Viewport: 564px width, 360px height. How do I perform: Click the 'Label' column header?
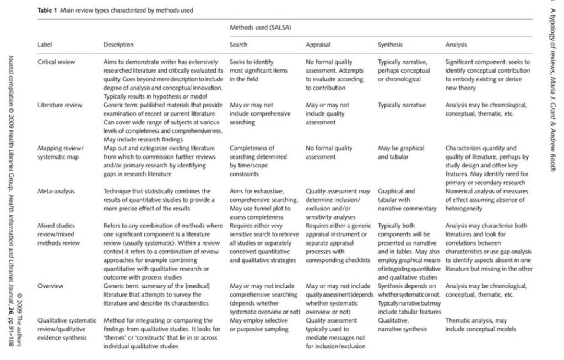coord(44,45)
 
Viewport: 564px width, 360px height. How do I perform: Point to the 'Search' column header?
coord(238,45)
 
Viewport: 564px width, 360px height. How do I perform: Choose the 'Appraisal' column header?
coord(319,45)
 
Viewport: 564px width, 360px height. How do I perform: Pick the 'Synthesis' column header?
coord(391,45)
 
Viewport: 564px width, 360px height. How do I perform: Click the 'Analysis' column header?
coord(457,45)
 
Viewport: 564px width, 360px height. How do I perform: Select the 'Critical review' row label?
coord(56,62)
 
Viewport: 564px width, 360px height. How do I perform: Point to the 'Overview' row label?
coord(50,286)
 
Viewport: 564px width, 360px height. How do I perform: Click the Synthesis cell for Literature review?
coord(402,105)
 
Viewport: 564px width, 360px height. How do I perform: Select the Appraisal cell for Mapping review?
coord(329,152)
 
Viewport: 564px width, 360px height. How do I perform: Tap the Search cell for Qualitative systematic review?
coord(259,325)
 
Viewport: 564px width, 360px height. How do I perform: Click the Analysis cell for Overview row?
coord(486,291)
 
